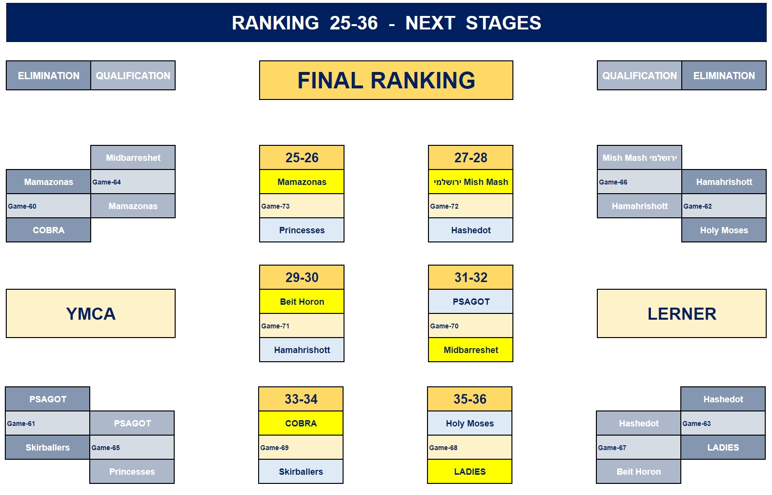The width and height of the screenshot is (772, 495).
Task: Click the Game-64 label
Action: click(107, 182)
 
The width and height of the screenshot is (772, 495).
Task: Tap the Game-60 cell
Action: click(48, 206)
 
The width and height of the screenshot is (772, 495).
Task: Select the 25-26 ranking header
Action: click(302, 157)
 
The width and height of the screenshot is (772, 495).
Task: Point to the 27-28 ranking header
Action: click(470, 157)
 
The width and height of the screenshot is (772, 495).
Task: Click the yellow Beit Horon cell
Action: click(302, 301)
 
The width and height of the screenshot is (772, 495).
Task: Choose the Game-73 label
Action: click(276, 206)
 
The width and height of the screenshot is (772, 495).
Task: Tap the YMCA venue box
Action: click(91, 313)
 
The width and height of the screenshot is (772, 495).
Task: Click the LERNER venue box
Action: click(681, 313)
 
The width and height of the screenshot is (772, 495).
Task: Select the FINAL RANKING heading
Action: click(386, 80)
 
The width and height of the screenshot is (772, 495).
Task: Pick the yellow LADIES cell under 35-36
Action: click(470, 471)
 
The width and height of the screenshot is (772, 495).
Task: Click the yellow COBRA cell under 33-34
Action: click(301, 423)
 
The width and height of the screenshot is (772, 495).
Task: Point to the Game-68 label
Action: click(443, 448)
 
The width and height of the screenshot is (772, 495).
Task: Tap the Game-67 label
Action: click(612, 448)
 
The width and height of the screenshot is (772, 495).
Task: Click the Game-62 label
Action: click(698, 206)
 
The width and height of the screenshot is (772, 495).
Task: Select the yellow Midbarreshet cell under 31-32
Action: click(470, 350)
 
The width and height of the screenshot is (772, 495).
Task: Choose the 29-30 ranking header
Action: click(302, 277)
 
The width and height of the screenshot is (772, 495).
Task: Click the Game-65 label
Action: click(106, 448)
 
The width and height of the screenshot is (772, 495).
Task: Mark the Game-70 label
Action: click(444, 326)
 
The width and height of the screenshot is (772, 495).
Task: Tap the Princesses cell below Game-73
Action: click(302, 230)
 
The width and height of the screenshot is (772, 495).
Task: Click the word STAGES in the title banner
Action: click(503, 23)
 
